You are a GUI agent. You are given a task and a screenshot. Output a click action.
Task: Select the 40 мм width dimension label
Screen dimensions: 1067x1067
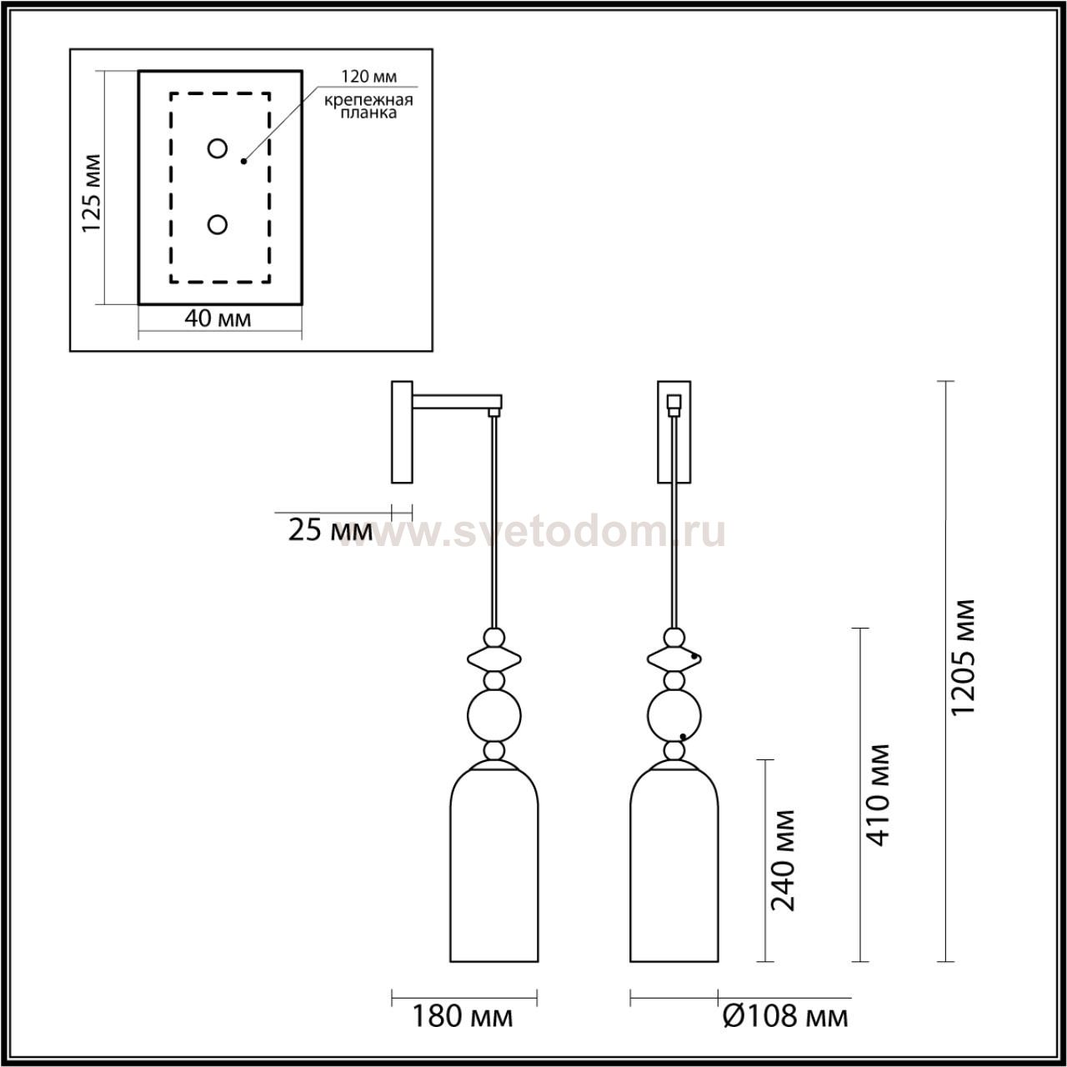pyautogui.click(x=218, y=319)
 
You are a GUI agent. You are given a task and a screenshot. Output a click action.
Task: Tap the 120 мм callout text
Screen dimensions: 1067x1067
pyautogui.click(x=368, y=77)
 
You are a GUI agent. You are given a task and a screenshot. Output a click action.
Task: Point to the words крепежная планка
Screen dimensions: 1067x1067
pyautogui.click(x=368, y=107)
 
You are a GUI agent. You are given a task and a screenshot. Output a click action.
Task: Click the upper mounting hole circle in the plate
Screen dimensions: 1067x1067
pyautogui.click(x=217, y=148)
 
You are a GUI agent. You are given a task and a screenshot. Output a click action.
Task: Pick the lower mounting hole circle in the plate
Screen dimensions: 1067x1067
pyautogui.click(x=217, y=225)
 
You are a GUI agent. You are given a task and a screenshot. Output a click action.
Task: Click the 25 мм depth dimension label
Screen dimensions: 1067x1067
pyautogui.click(x=331, y=530)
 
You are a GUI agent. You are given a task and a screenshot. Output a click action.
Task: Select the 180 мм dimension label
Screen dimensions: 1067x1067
pyautogui.click(x=463, y=1017)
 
